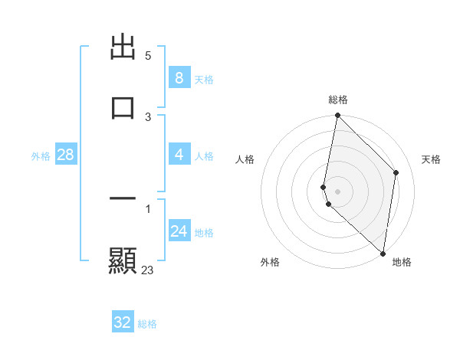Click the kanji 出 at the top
(x=123, y=47)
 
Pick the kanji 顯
(x=123, y=260)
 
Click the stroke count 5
(x=148, y=56)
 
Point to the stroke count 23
(x=148, y=270)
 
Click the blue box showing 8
(x=179, y=78)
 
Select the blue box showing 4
(x=179, y=155)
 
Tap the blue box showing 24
(x=179, y=231)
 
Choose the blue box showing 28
(x=65, y=155)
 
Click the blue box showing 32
(x=123, y=322)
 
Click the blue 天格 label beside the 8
(x=204, y=79)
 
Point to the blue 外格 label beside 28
(x=41, y=155)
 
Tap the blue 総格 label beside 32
(x=147, y=323)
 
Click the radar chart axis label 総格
(x=337, y=100)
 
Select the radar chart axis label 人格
(x=245, y=159)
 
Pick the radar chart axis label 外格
(x=270, y=262)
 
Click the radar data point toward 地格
(x=383, y=254)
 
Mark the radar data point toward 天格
(x=396, y=172)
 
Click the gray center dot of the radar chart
(x=337, y=191)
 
